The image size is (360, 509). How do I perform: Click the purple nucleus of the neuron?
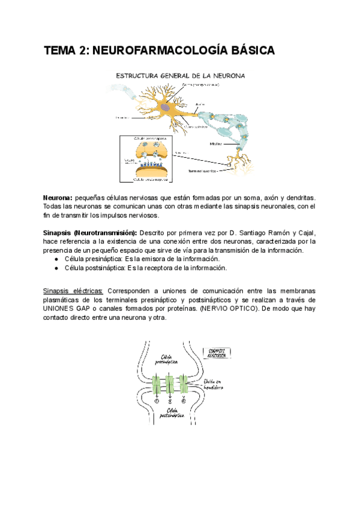coord(164,107)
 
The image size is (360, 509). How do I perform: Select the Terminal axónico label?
coord(204,170)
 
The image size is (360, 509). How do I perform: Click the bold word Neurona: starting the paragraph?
coord(58,197)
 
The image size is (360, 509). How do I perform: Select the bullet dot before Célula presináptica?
coord(56,259)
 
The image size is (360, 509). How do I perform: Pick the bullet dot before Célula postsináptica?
coord(56,268)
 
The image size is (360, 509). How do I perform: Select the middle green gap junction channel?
coord(170,384)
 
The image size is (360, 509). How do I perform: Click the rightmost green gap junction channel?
coord(184,384)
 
